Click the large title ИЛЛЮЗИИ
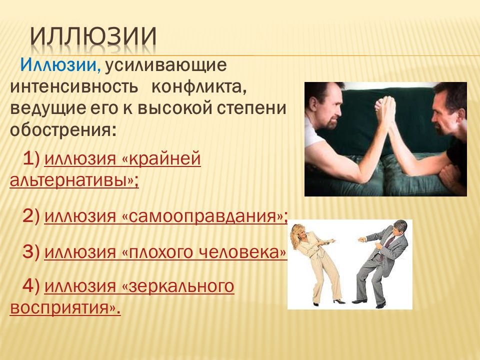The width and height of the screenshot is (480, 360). pyautogui.click(x=93, y=36)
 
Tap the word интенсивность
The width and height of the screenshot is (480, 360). pyautogui.click(x=74, y=87)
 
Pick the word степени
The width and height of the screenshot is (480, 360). pyautogui.click(x=250, y=108)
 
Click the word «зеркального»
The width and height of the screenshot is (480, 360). pyautogui.click(x=178, y=286)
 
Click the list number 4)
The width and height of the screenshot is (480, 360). pyautogui.click(x=31, y=286)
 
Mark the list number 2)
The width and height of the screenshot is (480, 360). pyautogui.click(x=31, y=216)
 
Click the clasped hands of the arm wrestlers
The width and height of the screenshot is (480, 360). pyautogui.click(x=385, y=109)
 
